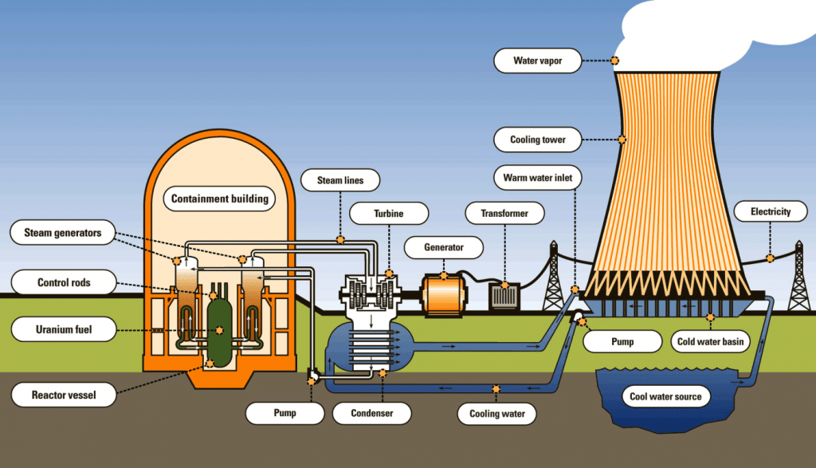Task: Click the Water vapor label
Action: [537, 61]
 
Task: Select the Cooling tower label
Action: [537, 140]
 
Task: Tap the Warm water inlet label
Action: [537, 176]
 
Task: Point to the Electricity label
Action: [771, 212]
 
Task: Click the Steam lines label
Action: [340, 181]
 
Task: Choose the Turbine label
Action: [388, 214]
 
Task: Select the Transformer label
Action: [504, 214]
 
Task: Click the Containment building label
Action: [220, 199]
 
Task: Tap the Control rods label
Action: [64, 282]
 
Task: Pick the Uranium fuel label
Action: [64, 328]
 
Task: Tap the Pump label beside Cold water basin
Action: [622, 342]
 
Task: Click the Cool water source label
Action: [665, 396]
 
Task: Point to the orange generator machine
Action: [447, 294]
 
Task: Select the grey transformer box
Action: [504, 296]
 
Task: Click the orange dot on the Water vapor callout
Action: [614, 61]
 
